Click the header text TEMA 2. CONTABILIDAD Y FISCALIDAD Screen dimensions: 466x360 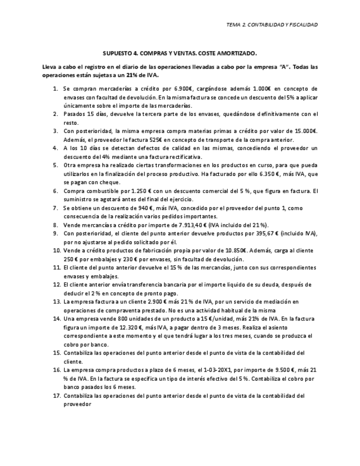coord(272,25)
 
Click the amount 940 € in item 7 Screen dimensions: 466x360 coord(142,208)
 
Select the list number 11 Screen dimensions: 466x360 coord(56,268)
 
